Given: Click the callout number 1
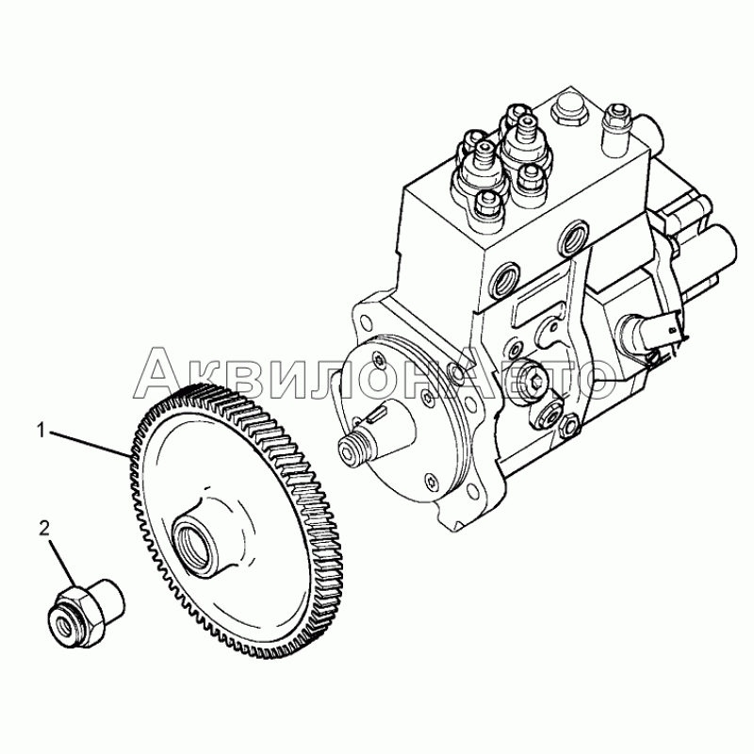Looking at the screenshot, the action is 41,430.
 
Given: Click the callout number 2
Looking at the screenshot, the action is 44,529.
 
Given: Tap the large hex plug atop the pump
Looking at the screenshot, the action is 567,110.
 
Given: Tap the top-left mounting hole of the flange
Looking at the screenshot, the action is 366,321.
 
